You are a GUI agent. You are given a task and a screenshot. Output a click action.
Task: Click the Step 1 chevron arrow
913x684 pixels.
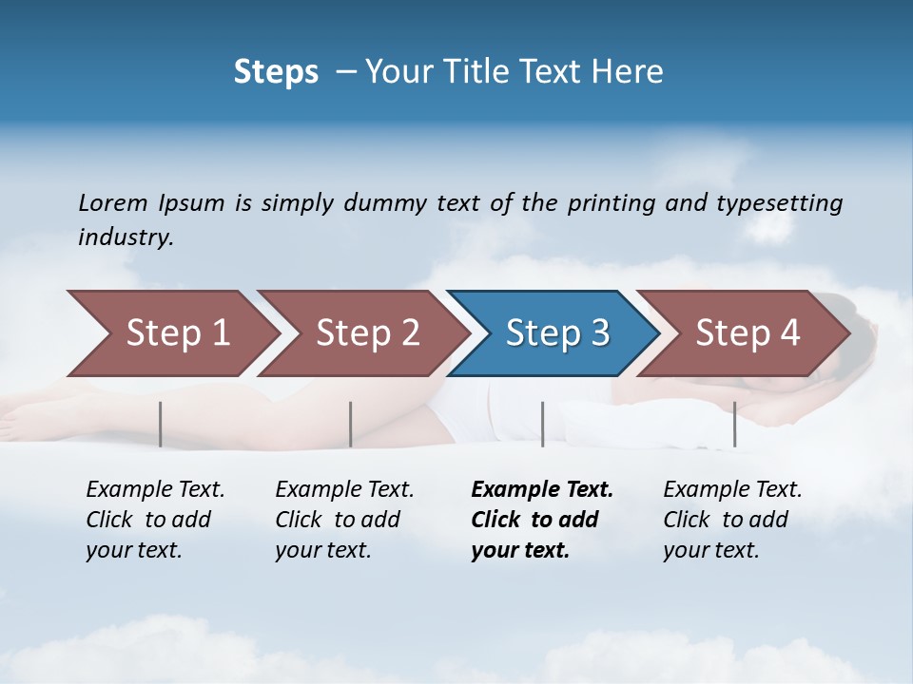171,333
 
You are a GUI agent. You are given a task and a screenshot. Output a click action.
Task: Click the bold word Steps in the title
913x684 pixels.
276,72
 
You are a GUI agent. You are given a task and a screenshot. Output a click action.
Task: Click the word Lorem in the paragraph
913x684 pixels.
113,203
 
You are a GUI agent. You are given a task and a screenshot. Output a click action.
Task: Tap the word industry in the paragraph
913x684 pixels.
126,237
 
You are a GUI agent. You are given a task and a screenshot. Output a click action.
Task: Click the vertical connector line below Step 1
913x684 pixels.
161,424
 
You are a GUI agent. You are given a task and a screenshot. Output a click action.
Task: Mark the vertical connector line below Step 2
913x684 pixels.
351,424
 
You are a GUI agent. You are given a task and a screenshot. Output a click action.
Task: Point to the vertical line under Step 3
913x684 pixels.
542,424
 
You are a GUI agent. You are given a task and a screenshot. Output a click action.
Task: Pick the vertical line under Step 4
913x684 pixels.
734,424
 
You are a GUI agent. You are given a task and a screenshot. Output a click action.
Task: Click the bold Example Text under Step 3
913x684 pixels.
542,490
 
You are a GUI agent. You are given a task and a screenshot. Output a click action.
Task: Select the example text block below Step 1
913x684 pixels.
155,520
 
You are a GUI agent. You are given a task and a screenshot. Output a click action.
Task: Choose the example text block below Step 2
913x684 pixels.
344,520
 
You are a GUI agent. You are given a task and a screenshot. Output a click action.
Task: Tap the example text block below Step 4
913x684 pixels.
732,520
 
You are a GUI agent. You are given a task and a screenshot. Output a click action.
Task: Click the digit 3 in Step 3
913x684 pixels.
599,333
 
